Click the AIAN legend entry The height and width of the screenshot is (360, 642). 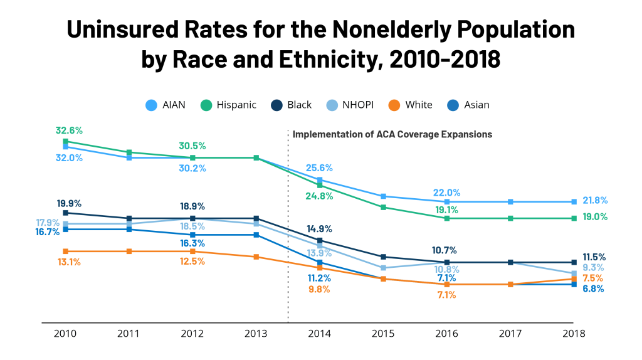click(x=166, y=105)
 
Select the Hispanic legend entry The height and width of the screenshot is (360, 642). click(x=229, y=105)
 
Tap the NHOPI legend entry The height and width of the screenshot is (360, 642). click(x=350, y=105)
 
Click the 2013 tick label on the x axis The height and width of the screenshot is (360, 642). click(x=256, y=334)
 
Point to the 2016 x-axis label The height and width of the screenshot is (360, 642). click(x=446, y=334)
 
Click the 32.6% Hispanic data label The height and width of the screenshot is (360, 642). click(x=69, y=130)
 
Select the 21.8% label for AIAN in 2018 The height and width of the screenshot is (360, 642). click(x=594, y=201)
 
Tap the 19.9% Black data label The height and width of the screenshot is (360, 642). click(x=69, y=203)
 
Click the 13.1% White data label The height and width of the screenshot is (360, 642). click(x=69, y=262)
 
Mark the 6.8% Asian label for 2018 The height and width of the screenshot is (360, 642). click(x=592, y=289)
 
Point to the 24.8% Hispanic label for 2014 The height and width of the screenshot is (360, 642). click(x=320, y=196)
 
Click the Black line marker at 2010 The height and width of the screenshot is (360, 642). click(x=65, y=213)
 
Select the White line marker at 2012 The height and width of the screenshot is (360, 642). click(x=192, y=251)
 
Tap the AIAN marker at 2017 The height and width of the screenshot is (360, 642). click(x=510, y=202)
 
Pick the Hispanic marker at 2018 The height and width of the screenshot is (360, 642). click(x=574, y=218)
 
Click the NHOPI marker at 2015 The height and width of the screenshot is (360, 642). click(x=383, y=268)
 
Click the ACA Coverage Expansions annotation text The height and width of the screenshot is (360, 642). click(x=392, y=134)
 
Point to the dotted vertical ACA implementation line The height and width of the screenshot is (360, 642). click(x=288, y=238)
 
